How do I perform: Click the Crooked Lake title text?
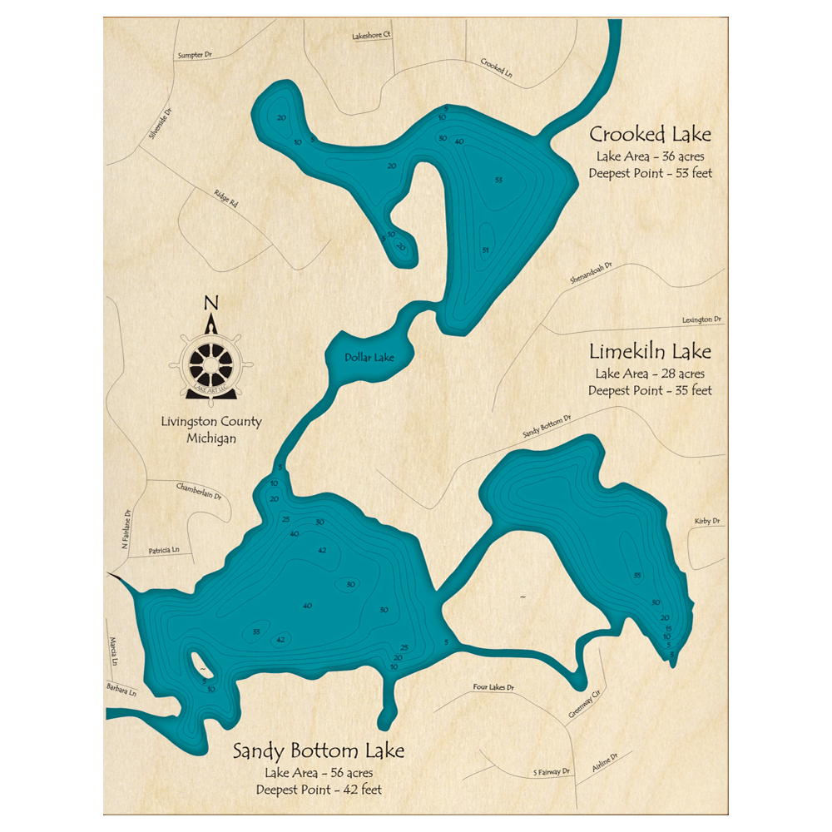[650, 135]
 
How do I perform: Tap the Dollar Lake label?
[369, 358]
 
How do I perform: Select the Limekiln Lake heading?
[650, 352]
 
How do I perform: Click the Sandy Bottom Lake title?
[319, 751]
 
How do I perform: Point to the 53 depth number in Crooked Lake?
[498, 180]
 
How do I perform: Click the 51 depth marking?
[485, 250]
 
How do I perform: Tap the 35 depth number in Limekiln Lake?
[637, 576]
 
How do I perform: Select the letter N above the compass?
[211, 304]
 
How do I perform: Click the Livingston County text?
[211, 422]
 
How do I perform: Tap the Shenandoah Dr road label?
[591, 274]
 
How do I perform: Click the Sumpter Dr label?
[196, 55]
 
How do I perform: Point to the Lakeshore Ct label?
[371, 37]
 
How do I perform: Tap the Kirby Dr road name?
[706, 521]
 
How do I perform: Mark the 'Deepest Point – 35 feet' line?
[650, 390]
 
